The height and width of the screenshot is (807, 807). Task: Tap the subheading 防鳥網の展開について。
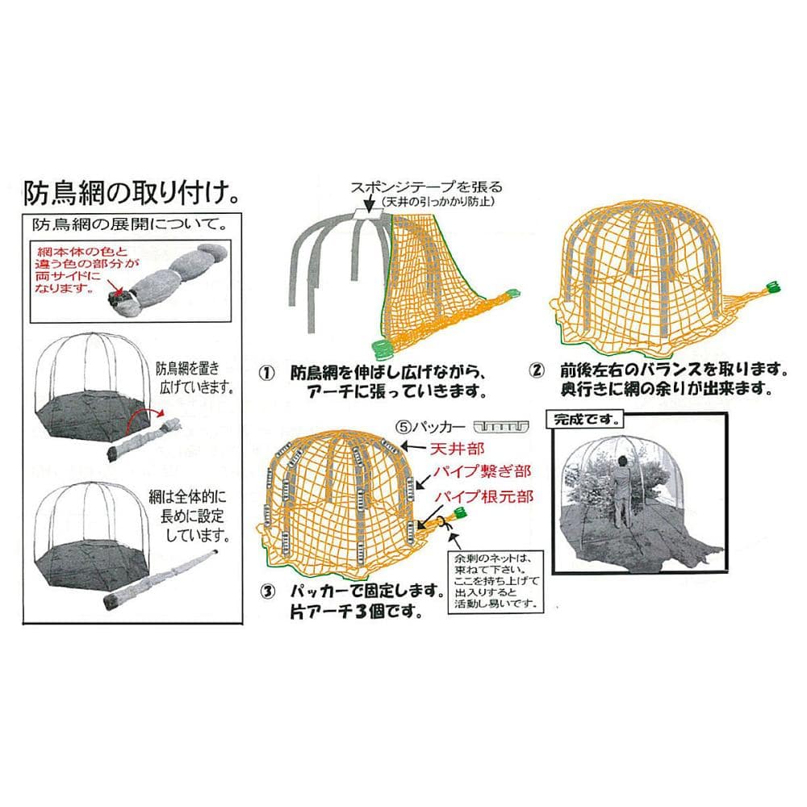(130, 224)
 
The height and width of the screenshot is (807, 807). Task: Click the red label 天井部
(458, 449)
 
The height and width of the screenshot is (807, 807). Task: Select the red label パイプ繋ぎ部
(481, 471)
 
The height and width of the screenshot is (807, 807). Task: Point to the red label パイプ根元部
(483, 496)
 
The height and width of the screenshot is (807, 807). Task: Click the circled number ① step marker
(266, 373)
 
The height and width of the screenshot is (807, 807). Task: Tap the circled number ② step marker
(537, 370)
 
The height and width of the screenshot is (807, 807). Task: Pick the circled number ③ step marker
(268, 592)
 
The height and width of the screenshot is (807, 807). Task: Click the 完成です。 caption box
(585, 420)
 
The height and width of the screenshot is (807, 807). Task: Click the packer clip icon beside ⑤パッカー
(501, 427)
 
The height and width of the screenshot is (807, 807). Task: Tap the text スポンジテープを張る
(426, 187)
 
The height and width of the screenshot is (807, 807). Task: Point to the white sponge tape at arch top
(369, 214)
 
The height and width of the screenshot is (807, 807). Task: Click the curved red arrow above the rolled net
(145, 415)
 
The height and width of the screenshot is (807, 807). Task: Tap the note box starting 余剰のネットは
(495, 580)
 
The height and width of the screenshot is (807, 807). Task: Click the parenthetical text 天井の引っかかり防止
(437, 202)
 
